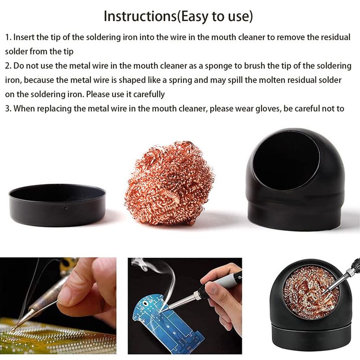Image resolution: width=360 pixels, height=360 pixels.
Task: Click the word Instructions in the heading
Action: click(x=140, y=16)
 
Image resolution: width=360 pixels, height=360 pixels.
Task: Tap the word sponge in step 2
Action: click(x=218, y=66)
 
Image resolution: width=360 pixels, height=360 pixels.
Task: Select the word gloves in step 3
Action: click(x=268, y=108)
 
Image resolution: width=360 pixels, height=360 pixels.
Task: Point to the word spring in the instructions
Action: click(x=180, y=81)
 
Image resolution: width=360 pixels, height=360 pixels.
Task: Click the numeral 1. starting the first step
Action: click(x=8, y=37)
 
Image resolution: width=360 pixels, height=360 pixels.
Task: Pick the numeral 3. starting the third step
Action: click(x=8, y=108)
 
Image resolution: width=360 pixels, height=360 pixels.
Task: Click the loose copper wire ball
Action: click(x=170, y=183)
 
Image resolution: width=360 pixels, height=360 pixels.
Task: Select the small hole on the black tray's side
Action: click(x=66, y=208)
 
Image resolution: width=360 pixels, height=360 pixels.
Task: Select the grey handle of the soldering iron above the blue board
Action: click(x=226, y=281)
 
